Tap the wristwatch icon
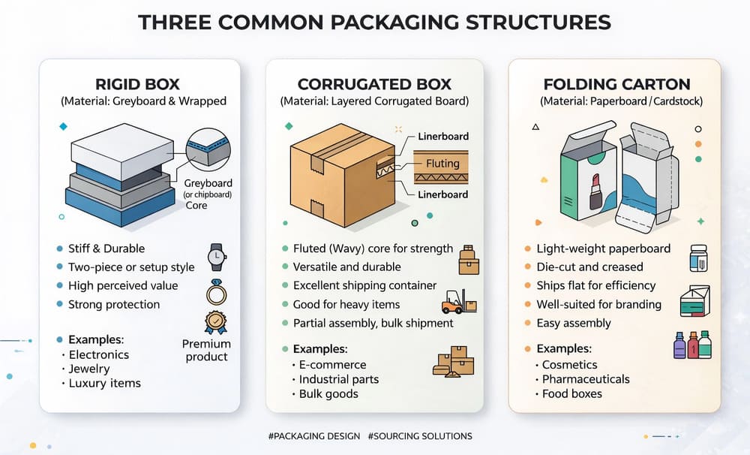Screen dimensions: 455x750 pos(217,257)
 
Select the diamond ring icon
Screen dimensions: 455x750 pos(216,291)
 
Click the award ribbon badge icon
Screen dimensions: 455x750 pos(215,322)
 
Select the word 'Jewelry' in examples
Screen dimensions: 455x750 pos(89,369)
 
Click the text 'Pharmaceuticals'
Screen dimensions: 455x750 pos(586,379)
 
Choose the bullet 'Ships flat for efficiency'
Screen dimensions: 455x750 pos(595,285)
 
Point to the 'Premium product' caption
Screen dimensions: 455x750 pos(206,350)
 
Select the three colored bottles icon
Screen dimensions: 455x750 pos(691,345)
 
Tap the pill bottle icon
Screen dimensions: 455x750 pos(698,257)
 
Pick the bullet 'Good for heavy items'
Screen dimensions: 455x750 pos(346,304)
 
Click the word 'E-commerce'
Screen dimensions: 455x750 pos(332,364)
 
